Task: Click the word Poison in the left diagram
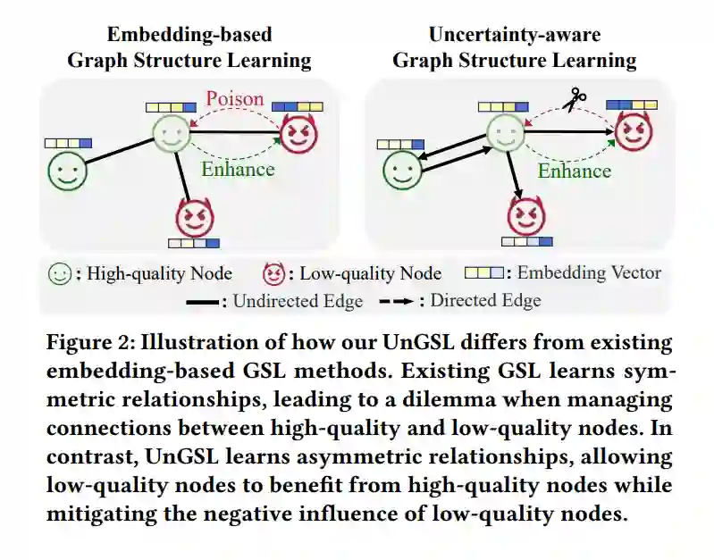(x=235, y=97)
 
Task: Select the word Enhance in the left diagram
(x=237, y=168)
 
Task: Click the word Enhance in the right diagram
(x=574, y=170)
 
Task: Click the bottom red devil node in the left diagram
(x=194, y=217)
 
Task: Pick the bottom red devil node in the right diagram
(x=526, y=216)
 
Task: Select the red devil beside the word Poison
(x=298, y=134)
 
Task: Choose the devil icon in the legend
(x=275, y=273)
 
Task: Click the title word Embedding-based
(x=189, y=35)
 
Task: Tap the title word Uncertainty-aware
(x=514, y=35)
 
